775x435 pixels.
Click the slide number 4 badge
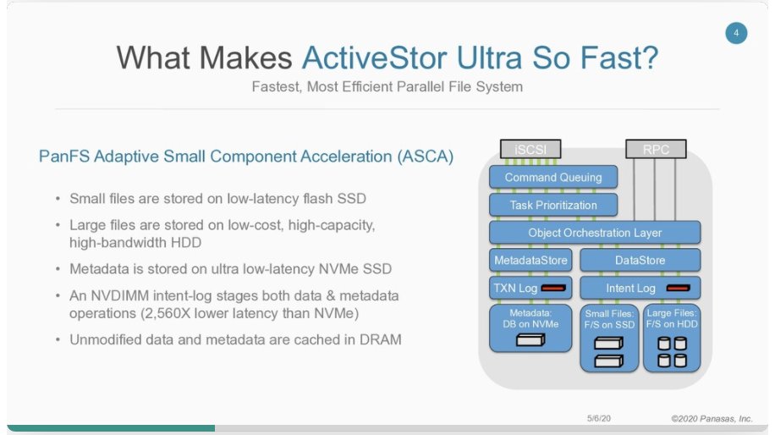736,34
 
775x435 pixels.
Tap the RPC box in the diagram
655,150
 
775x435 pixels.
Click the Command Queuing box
553,178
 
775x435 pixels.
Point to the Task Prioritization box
553,205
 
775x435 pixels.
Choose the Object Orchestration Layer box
595,233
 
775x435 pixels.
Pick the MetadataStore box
530,260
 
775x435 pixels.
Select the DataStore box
640,260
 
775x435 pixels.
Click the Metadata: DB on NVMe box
530,328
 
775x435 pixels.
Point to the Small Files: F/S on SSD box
608,336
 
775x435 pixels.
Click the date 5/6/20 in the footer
599,418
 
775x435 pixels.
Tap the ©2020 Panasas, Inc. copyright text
712,418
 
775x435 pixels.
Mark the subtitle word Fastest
276,86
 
